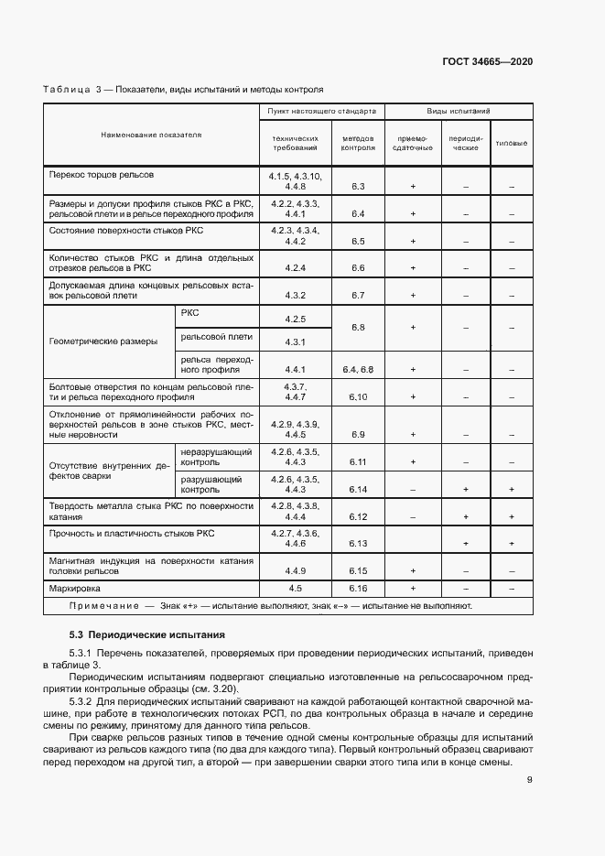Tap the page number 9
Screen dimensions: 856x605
pyautogui.click(x=530, y=780)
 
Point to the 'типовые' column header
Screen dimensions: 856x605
pyautogui.click(x=511, y=144)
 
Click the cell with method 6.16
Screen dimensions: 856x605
pyautogui.click(x=357, y=588)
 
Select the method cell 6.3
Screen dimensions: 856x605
pyautogui.click(x=357, y=187)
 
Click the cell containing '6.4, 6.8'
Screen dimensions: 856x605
pyautogui.click(x=357, y=369)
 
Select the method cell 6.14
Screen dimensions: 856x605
pyautogui.click(x=357, y=490)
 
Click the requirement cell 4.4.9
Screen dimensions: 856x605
pyautogui.click(x=295, y=569)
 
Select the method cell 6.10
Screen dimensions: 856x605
pyautogui.click(x=357, y=397)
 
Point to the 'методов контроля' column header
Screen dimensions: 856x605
pyautogui.click(x=358, y=144)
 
